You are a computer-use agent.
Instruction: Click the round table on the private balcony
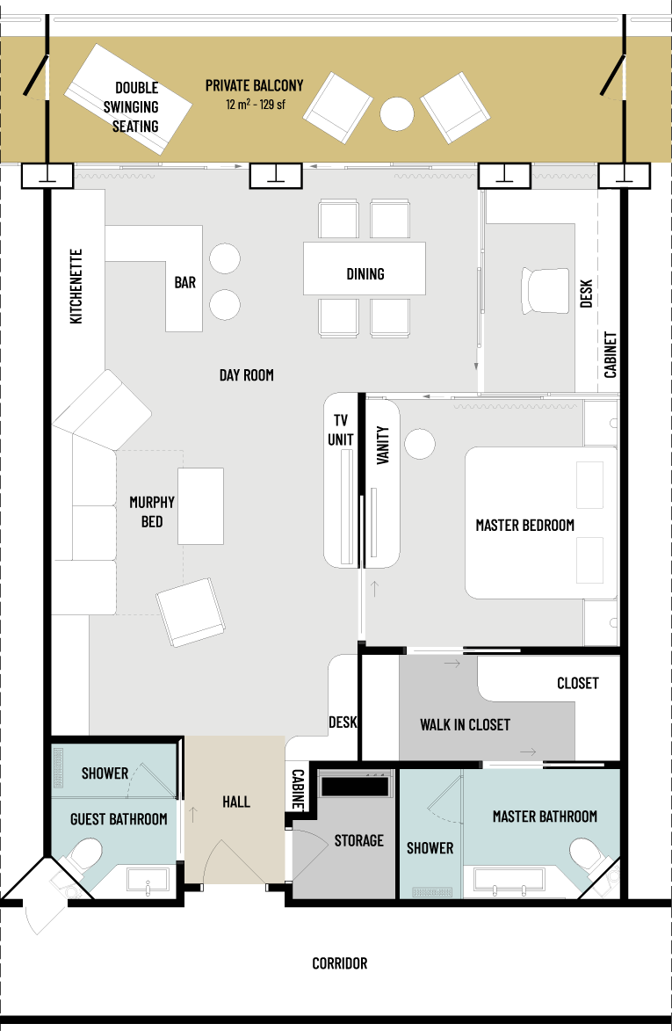coord(397,113)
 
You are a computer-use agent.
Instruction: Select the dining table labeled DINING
coord(365,268)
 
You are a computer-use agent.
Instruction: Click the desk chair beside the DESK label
coord(546,290)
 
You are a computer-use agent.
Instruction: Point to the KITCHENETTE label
coord(76,286)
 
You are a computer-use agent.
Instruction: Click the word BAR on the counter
coord(185,282)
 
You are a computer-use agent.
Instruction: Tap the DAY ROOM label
coord(246,374)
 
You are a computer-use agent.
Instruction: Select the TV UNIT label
coord(340,430)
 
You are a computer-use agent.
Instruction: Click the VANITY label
coord(383,445)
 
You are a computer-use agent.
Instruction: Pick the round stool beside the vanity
coord(420,444)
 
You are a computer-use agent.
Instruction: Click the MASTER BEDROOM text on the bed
coord(524,526)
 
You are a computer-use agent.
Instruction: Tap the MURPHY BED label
coord(152,512)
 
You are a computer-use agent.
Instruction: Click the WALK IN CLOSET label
coord(465,724)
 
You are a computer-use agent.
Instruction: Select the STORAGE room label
coord(358,840)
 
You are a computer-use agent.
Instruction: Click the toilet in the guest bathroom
coord(86,855)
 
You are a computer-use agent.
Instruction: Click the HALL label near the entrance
coord(235,802)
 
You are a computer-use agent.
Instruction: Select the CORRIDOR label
coord(340,963)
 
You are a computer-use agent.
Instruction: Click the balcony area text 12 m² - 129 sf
coord(256,104)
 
